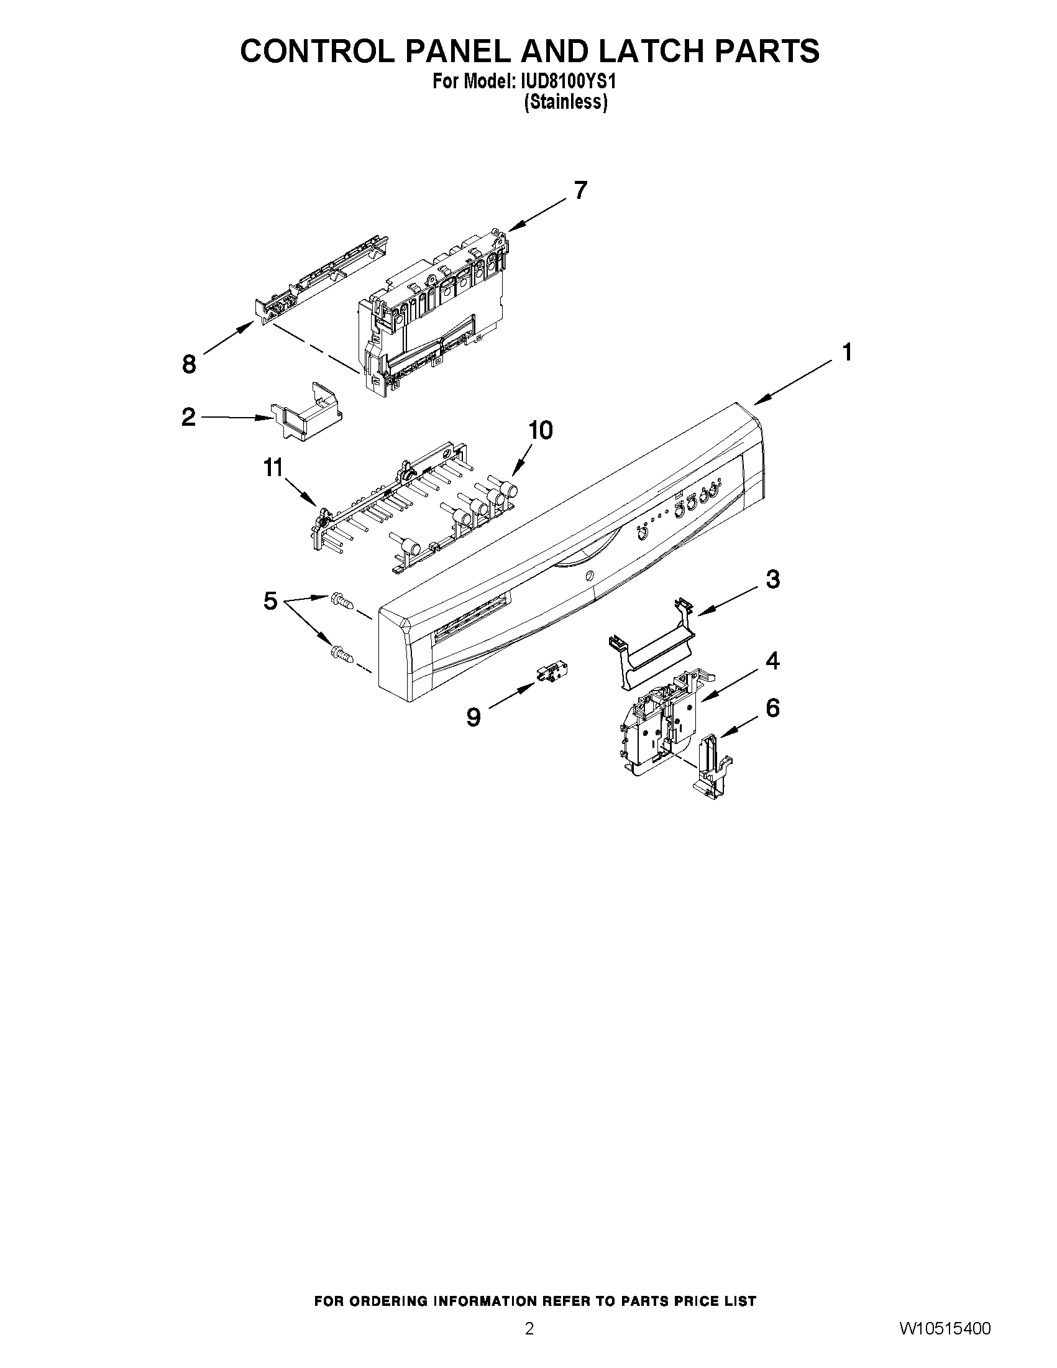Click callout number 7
580,190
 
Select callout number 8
189,364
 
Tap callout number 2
188,417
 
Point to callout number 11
273,467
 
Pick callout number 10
541,430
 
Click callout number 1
846,353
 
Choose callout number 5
270,601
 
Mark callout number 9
474,717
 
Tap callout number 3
773,579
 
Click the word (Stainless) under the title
565,101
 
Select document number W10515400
945,1344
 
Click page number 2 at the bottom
529,1344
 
